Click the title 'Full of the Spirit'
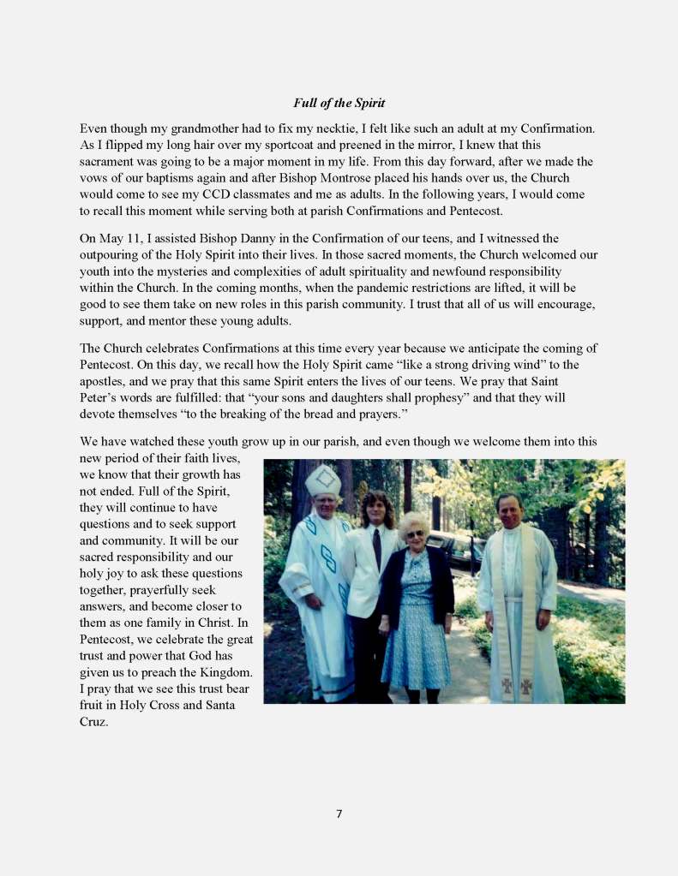coord(339,104)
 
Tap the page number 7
coord(339,813)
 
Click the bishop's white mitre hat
coord(322,481)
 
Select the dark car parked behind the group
coord(453,548)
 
